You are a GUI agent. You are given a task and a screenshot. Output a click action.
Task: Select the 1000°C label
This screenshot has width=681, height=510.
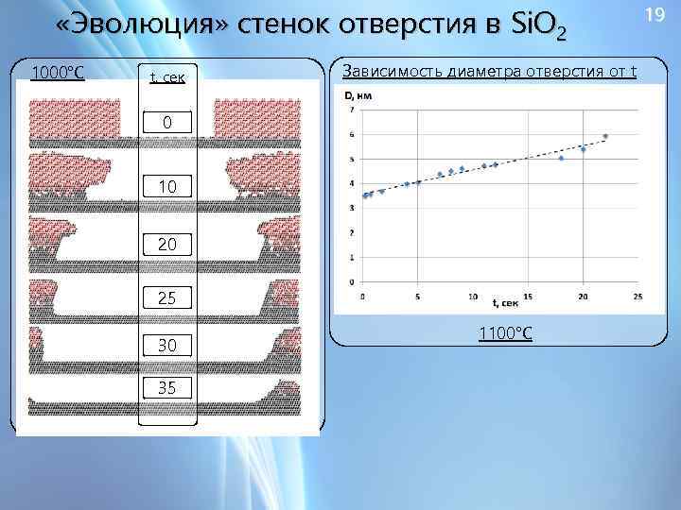58,73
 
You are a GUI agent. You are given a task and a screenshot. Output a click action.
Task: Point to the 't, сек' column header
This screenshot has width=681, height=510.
166,75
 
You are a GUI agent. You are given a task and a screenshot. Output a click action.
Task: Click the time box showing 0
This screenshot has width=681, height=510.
166,124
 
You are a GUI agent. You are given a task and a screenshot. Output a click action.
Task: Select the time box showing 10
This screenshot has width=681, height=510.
166,187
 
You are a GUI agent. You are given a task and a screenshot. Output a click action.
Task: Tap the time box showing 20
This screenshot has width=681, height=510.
166,246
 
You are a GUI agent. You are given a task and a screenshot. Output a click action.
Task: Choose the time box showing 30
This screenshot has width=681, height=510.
166,345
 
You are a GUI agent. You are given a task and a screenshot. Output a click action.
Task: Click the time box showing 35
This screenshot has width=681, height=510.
166,386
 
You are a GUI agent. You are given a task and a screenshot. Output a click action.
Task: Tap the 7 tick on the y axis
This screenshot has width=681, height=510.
352,110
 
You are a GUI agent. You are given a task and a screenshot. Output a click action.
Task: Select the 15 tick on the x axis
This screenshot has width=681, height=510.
528,295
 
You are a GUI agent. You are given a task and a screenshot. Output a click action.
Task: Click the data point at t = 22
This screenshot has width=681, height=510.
605,137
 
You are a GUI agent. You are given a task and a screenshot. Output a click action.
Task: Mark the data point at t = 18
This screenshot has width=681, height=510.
561,158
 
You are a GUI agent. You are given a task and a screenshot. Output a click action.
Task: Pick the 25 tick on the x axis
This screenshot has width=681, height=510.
637,295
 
